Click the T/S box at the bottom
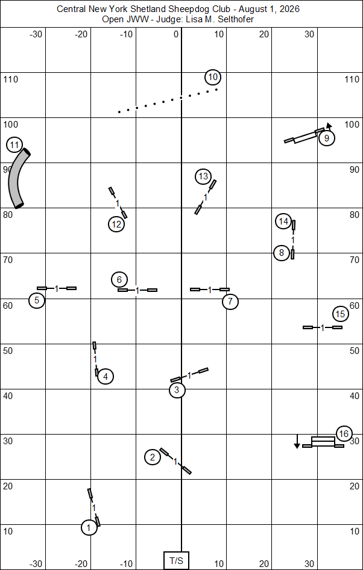176,560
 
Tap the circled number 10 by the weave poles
213,77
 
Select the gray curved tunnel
18,178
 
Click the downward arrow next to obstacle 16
297,441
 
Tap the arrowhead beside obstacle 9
329,125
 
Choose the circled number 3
177,391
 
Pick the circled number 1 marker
89,527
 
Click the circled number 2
153,457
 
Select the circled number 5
37,301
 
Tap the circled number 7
230,302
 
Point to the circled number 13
203,177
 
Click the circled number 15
341,314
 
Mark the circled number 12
116,225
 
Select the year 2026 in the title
290,10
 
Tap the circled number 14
283,221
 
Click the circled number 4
106,377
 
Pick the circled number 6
119,279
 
